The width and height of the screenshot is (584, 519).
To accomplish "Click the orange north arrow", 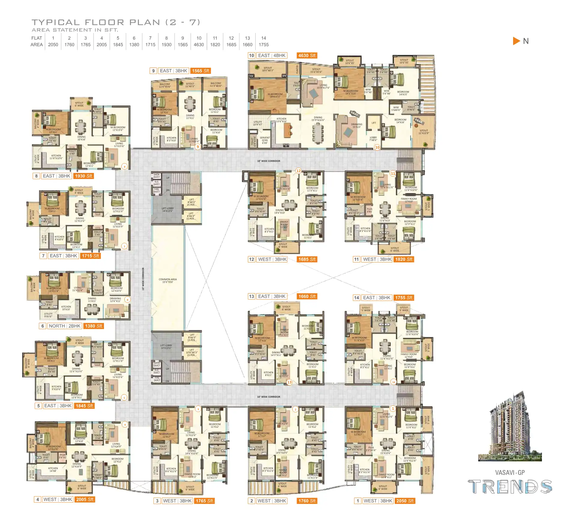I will coord(516,41).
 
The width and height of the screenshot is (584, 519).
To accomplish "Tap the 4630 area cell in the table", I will coord(199,44).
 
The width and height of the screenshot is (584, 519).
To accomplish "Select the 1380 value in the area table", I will coord(134,44).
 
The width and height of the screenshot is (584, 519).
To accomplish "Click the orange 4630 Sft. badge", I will coord(307,56).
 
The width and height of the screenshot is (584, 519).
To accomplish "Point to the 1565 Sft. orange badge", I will coord(201,71).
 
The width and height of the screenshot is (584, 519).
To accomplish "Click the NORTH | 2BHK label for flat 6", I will coord(65,326).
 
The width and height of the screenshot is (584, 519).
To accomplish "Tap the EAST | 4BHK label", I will coord(272,56).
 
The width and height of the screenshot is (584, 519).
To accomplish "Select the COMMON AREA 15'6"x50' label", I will coord(168,281).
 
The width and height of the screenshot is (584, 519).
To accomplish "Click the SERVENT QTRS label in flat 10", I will coord(265,140).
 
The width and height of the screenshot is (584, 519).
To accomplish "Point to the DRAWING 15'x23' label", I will coord(357,126).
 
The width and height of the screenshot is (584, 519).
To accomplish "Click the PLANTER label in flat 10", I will coord(297,69).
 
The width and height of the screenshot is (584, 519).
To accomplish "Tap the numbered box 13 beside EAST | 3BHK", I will coord(251,296).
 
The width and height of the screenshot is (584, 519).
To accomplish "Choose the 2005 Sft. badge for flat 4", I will coord(85,499).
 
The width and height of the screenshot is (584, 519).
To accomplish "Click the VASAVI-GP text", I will coord(510,472).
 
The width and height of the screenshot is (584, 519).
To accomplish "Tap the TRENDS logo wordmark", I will coord(510,487).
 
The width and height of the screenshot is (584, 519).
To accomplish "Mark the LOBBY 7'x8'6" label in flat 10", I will coord(373,139).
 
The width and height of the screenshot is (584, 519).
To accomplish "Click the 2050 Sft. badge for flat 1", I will coord(405,501).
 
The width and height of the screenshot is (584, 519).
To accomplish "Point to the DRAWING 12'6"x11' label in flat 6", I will coord(115,300).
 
